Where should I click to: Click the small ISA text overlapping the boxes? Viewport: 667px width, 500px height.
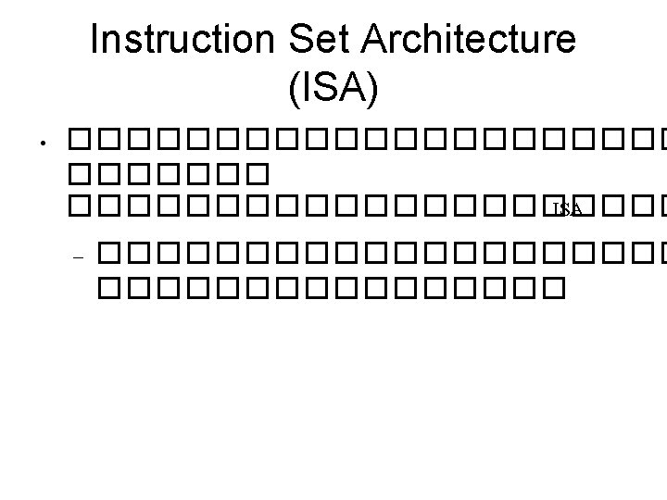(567, 209)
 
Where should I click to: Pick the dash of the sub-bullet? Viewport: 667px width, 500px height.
(78, 256)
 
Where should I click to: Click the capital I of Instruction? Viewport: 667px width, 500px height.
(96, 41)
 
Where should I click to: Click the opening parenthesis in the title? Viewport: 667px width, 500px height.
(294, 89)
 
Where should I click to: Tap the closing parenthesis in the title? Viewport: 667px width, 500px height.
(373, 89)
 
